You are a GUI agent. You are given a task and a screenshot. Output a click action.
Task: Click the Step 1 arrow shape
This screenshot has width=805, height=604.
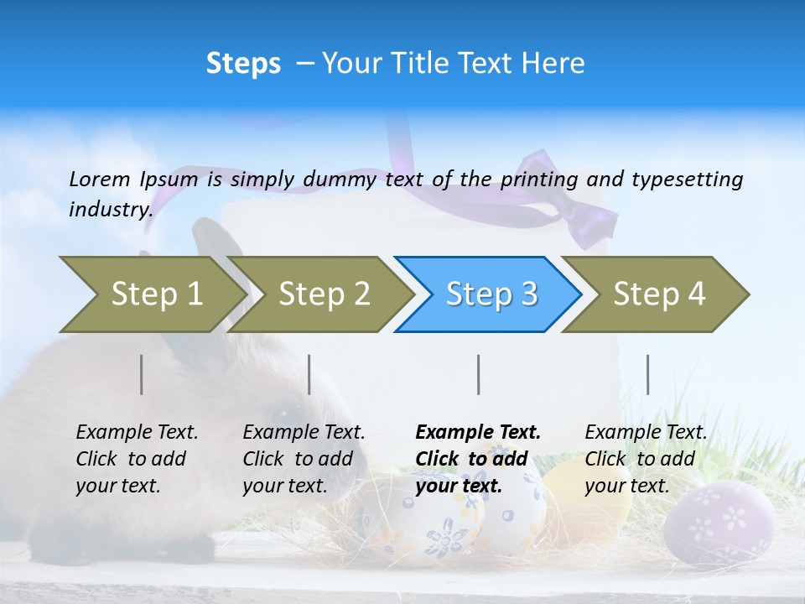click(x=151, y=294)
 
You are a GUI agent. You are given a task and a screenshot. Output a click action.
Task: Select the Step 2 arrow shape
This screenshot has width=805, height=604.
click(x=319, y=294)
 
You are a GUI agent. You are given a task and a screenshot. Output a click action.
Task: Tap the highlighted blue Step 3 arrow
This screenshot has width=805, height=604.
click(x=487, y=294)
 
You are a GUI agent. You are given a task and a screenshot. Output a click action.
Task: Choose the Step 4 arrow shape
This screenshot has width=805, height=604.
click(x=655, y=294)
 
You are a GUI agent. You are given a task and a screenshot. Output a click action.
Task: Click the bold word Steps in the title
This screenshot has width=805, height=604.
click(x=243, y=64)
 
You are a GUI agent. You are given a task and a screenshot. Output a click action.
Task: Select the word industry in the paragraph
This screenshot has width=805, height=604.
click(x=109, y=210)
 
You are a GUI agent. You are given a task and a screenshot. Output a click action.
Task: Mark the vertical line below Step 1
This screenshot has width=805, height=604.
click(x=142, y=374)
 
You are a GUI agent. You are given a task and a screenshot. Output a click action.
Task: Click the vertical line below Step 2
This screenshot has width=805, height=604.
click(x=309, y=374)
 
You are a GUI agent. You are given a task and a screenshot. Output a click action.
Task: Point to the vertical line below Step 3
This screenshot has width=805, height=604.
click(x=479, y=374)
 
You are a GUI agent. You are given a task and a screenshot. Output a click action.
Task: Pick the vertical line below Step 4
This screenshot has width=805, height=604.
click(x=647, y=374)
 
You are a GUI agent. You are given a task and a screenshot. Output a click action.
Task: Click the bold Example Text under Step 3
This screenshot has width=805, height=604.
click(x=478, y=432)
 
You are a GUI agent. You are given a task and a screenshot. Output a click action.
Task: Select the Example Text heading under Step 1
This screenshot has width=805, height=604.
click(x=137, y=432)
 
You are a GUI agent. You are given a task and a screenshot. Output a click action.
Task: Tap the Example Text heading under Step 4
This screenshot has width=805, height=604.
click(x=646, y=432)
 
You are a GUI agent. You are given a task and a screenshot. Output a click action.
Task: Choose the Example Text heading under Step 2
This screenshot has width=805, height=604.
click(x=304, y=432)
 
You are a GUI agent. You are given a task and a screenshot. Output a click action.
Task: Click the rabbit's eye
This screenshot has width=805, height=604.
click(x=282, y=413)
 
